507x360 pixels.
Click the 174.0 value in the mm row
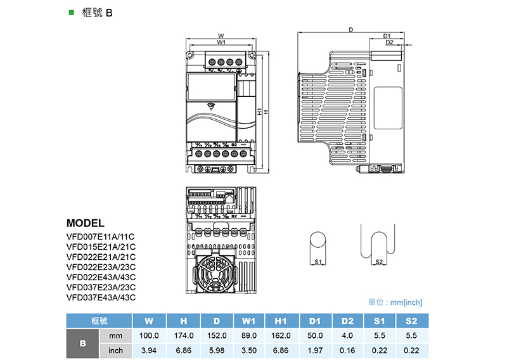(x=183, y=335)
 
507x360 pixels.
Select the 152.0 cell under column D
(x=216, y=335)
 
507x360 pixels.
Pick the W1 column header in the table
(x=249, y=320)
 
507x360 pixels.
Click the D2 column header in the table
(x=347, y=320)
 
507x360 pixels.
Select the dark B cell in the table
(x=82, y=343)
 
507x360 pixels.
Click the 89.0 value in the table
(x=249, y=335)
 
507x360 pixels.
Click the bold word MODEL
(x=85, y=223)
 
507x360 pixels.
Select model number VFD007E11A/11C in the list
(x=101, y=236)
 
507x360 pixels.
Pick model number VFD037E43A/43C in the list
(x=101, y=297)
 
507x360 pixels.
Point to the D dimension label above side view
(x=350, y=30)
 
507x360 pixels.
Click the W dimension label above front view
(x=220, y=35)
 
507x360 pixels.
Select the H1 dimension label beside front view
(x=260, y=112)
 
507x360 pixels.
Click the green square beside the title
(x=71, y=12)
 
